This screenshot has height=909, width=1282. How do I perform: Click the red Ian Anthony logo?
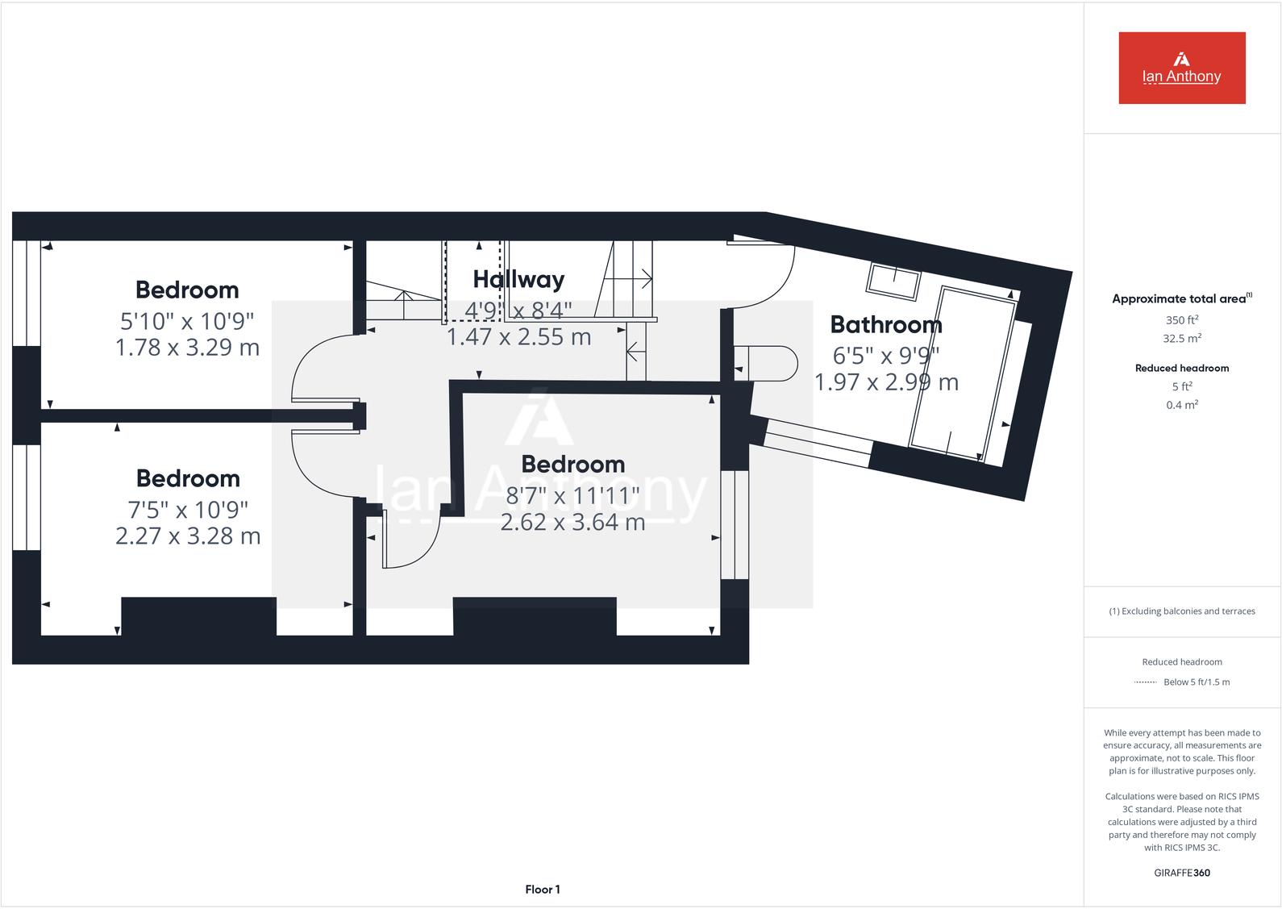tap(1181, 68)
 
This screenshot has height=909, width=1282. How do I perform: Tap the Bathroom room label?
tap(885, 324)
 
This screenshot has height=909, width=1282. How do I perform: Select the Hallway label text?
tap(518, 279)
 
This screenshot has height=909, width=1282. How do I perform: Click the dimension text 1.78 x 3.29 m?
tap(187, 348)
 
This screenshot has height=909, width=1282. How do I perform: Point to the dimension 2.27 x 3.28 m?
tap(188, 536)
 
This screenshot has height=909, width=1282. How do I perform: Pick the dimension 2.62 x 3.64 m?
tap(572, 523)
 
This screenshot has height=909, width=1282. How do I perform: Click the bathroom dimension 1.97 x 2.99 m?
tap(886, 382)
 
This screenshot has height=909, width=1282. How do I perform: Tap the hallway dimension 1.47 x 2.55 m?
tap(518, 337)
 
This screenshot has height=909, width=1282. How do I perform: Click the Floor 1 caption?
tap(542, 889)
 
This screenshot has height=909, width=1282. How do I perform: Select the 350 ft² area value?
tap(1181, 320)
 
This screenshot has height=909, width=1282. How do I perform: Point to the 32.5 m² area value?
tap(1181, 339)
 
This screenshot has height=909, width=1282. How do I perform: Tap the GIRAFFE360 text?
tap(1181, 873)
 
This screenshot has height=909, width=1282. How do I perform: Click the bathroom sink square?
tap(893, 281)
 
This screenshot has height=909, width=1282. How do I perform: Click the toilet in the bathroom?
tap(770, 364)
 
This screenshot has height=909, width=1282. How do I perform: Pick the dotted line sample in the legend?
tap(1145, 682)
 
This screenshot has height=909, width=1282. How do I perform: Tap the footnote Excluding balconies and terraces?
tap(1181, 611)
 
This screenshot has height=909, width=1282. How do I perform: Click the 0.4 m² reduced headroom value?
tap(1181, 405)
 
